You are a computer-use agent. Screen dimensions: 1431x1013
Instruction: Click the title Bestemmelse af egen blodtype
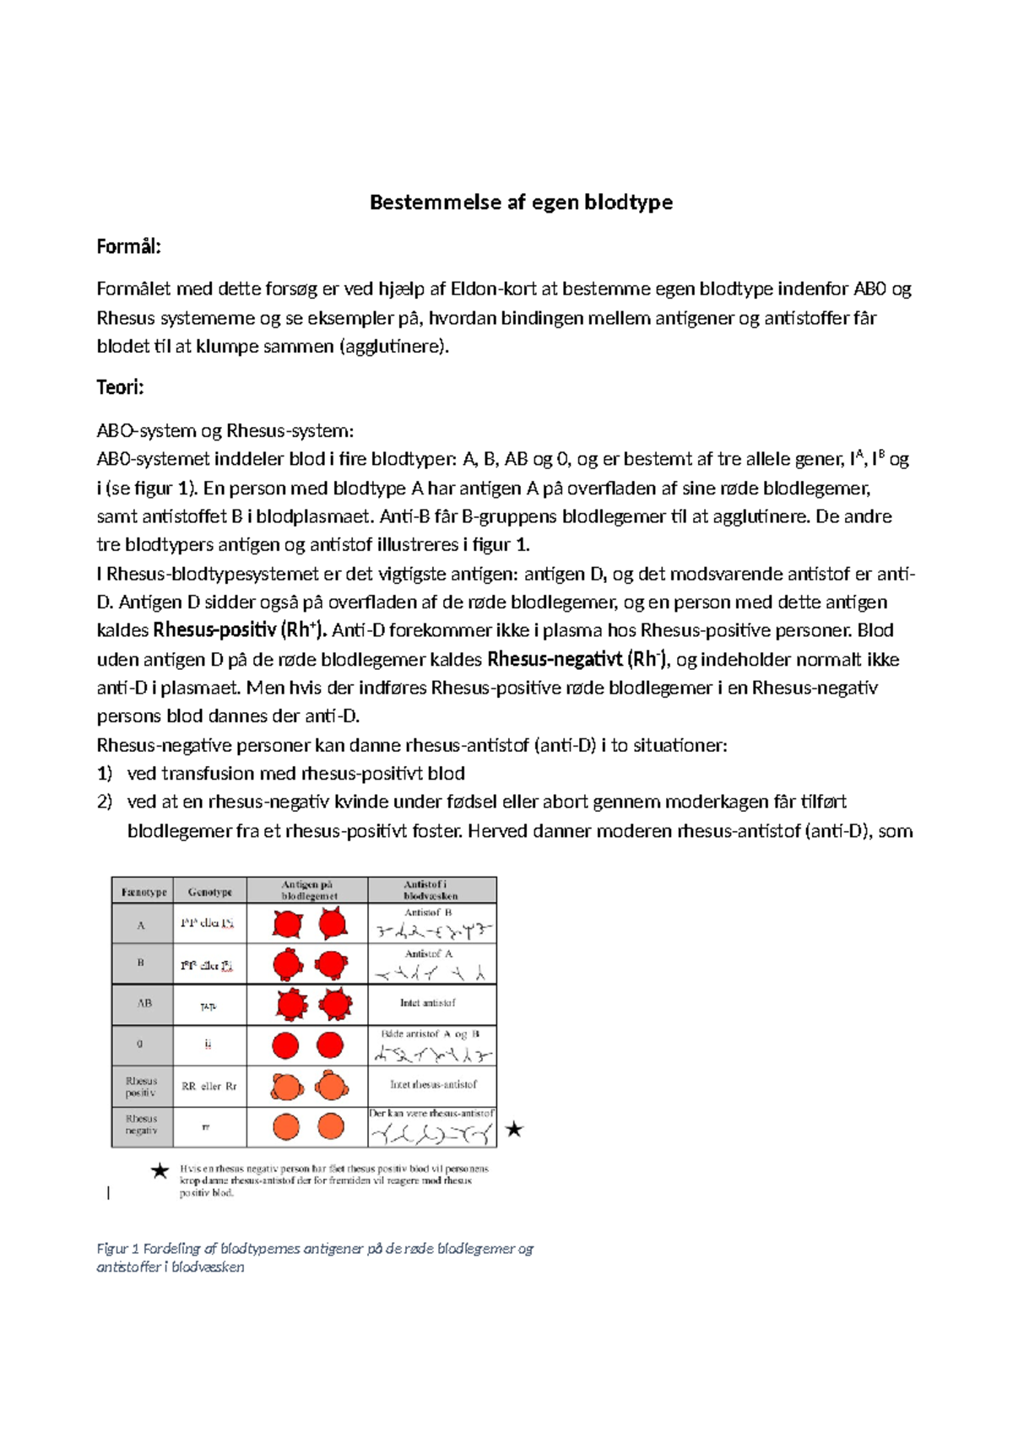point(521,202)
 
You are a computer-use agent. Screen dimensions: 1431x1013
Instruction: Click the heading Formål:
point(128,246)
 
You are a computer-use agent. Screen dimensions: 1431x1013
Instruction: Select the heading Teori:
point(120,387)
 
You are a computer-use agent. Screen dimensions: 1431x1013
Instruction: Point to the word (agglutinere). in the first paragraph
point(394,346)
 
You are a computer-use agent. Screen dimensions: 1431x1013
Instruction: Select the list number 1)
point(104,774)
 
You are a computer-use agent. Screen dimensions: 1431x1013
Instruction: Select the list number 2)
point(104,802)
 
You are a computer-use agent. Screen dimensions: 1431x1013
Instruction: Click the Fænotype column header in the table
point(143,892)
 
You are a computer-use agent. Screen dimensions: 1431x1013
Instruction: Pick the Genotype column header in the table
point(209,892)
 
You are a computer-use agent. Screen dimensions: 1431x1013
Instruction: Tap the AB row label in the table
point(144,1003)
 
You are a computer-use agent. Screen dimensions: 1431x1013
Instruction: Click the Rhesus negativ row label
point(141,1125)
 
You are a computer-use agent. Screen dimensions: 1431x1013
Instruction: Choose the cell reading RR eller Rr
point(209,1086)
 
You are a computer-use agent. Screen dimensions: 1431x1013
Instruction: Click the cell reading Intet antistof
point(427,1003)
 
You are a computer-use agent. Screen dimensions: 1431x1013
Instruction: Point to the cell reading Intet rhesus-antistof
point(432,1084)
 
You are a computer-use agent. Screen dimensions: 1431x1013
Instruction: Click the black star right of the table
point(513,1129)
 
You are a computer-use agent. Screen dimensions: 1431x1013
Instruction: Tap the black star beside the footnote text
point(160,1170)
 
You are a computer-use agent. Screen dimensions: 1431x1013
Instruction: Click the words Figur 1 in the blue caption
point(117,1248)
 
